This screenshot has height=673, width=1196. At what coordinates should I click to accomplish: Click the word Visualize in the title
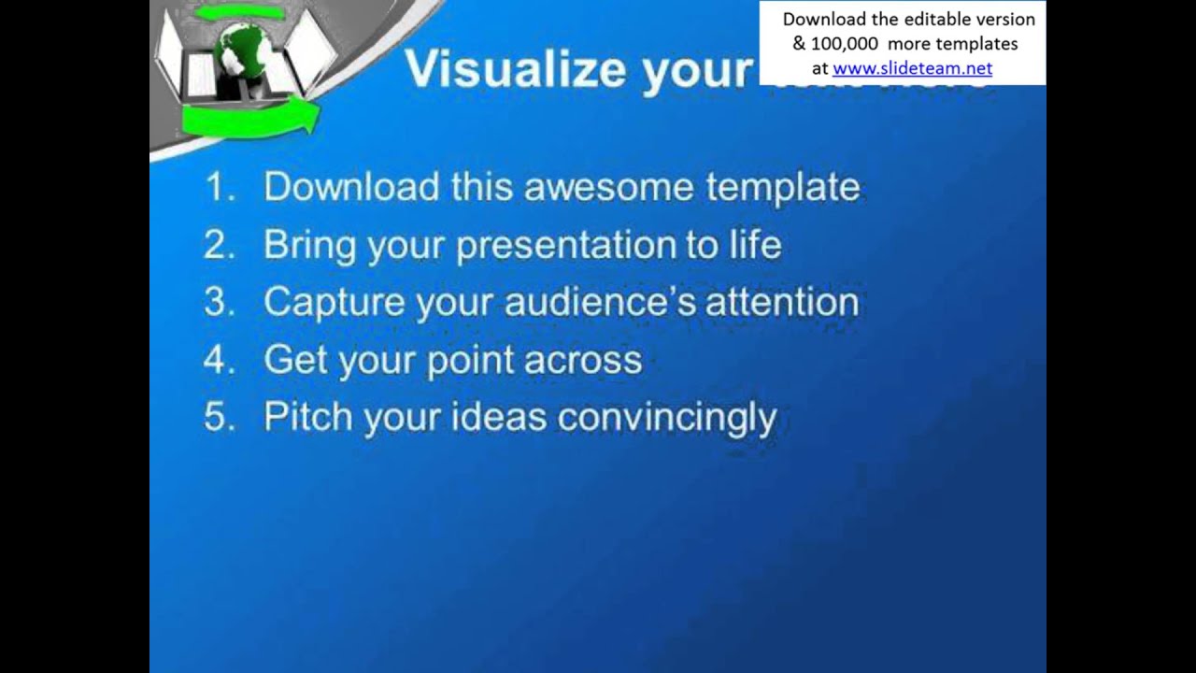[x=515, y=69]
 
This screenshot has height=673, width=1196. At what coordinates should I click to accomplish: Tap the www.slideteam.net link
[x=912, y=68]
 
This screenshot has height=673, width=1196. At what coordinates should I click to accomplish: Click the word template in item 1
[x=783, y=187]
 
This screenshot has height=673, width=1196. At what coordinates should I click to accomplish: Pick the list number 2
[x=218, y=245]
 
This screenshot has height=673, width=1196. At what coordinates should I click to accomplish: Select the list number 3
[x=218, y=303]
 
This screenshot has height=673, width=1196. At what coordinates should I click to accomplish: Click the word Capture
[x=334, y=303]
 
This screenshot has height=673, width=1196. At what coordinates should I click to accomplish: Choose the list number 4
[x=218, y=360]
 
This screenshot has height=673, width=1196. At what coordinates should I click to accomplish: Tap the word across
[x=583, y=361]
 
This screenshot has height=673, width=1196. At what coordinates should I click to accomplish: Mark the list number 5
[x=218, y=418]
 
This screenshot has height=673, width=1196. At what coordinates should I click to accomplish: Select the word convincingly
[x=667, y=418]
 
